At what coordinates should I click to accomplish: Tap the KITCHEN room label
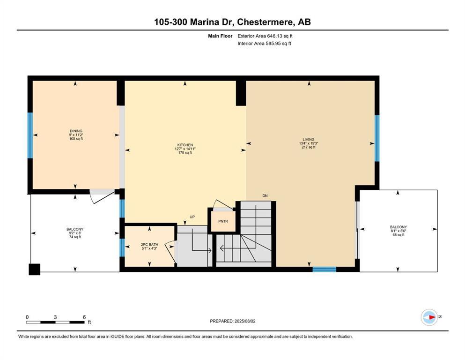click(x=185, y=149)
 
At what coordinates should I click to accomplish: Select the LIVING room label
click(x=309, y=143)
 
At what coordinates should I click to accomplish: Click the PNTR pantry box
click(x=223, y=221)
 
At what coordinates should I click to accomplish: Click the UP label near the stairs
click(x=192, y=217)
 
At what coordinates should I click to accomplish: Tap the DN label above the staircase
click(x=265, y=195)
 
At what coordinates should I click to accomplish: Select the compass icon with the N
click(x=429, y=317)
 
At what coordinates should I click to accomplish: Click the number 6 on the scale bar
click(x=84, y=317)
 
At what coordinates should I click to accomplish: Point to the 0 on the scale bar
click(x=27, y=317)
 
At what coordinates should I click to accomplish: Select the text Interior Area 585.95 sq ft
click(x=265, y=44)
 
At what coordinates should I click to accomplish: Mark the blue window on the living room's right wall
click(x=377, y=138)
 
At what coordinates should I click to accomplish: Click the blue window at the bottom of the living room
click(x=324, y=269)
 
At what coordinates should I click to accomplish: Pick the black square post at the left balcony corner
click(x=34, y=269)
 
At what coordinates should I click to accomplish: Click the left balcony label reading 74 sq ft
click(x=75, y=237)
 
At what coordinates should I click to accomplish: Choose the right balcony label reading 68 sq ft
click(x=398, y=234)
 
